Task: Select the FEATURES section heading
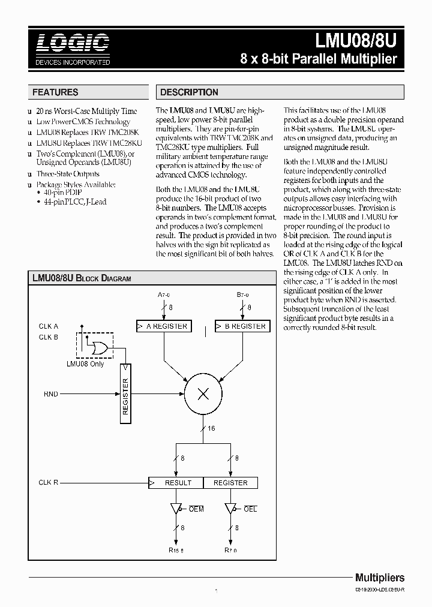[55, 92]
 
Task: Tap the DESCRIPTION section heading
[189, 92]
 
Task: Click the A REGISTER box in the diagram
[162, 326]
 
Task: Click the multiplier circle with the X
[202, 393]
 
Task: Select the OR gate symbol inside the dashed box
[95, 348]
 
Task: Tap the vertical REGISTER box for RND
[125, 394]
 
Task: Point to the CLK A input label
[49, 326]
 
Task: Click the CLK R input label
[49, 482]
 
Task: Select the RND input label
[51, 394]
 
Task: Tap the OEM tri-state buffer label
[196, 509]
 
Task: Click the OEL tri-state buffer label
[250, 509]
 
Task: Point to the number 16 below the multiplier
[212, 428]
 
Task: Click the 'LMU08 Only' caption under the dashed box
[85, 364]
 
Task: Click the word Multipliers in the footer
[380, 578]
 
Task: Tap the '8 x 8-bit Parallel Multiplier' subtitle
[319, 59]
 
